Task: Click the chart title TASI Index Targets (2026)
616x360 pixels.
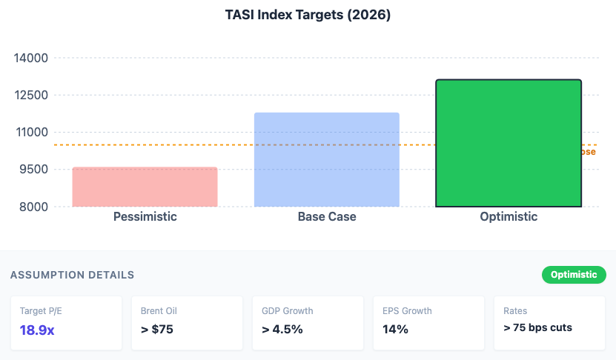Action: click(x=308, y=15)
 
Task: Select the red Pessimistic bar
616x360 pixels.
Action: click(x=145, y=187)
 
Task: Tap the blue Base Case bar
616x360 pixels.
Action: click(x=327, y=159)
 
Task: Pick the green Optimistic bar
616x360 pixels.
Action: click(x=509, y=142)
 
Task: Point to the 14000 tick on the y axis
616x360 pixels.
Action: click(x=31, y=58)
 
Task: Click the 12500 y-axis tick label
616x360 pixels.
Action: click(x=31, y=95)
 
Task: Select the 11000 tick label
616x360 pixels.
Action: click(x=31, y=132)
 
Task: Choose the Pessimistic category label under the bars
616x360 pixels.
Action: click(x=145, y=217)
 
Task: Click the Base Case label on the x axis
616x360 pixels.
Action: click(x=327, y=217)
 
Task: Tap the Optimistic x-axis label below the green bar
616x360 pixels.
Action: click(x=509, y=217)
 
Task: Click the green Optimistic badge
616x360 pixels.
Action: click(x=574, y=275)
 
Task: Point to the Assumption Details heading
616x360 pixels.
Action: click(x=72, y=275)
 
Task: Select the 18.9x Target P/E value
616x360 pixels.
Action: click(x=37, y=330)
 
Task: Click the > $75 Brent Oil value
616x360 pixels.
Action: click(x=157, y=330)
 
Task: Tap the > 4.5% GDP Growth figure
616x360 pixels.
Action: click(x=282, y=330)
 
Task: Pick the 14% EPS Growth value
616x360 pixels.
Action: click(x=395, y=330)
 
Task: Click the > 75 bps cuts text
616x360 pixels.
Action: click(x=537, y=327)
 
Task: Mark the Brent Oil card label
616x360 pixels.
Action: click(x=159, y=311)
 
